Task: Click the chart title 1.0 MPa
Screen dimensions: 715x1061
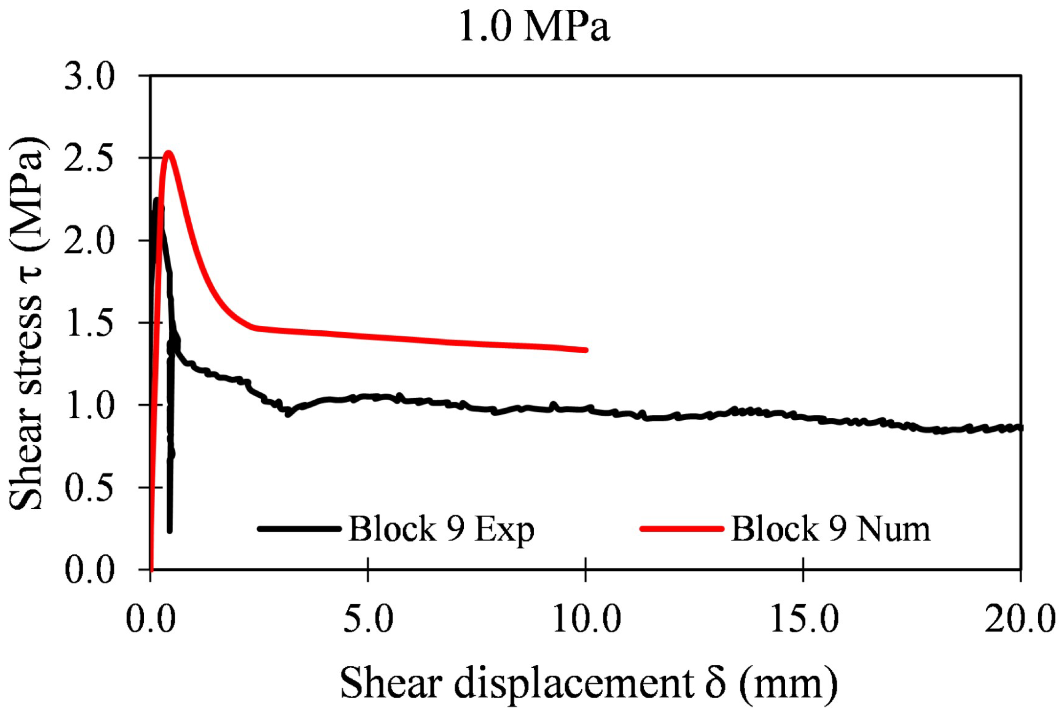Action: (534, 26)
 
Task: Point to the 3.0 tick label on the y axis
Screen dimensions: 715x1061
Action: (89, 77)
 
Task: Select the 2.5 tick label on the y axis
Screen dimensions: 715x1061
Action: (89, 159)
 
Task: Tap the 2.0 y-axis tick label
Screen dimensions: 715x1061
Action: (89, 241)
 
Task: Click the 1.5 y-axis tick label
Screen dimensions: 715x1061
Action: (89, 324)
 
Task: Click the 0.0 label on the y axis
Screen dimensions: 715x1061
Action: (89, 570)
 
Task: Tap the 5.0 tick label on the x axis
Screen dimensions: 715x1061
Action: (368, 619)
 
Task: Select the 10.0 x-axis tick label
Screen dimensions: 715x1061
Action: (586, 619)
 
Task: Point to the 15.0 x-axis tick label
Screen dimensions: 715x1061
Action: (804, 619)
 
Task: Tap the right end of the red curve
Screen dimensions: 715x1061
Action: (585, 350)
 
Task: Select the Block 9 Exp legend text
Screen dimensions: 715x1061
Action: (441, 529)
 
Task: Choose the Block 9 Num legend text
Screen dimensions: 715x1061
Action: (830, 529)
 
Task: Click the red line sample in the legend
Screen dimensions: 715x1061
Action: (681, 529)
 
